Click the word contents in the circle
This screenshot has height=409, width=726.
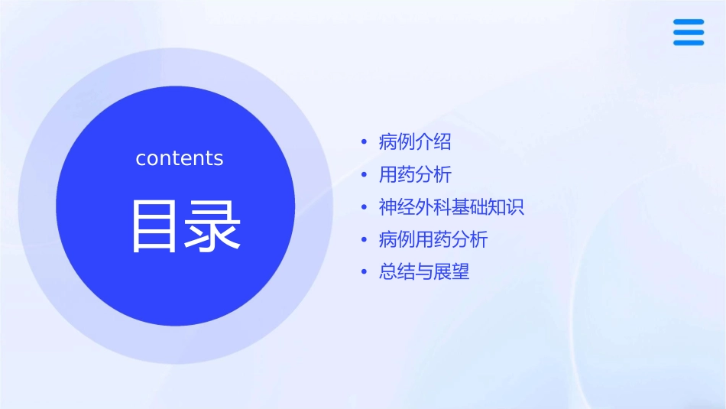(179, 158)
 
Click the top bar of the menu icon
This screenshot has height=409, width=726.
(689, 23)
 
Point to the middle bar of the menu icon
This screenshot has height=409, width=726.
(689, 33)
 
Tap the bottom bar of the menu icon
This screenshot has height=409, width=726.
(689, 43)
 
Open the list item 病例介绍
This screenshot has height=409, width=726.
(415, 142)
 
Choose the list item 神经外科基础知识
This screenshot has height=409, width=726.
(451, 207)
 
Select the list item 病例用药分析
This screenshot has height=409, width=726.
(433, 240)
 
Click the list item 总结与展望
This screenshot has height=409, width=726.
(423, 272)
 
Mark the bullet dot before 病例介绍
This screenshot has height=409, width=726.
(365, 143)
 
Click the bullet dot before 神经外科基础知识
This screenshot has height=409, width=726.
(365, 208)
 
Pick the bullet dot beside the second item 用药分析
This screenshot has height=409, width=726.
(365, 176)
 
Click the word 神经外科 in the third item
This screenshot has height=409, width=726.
(415, 207)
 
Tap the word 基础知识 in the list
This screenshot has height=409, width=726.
(488, 207)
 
